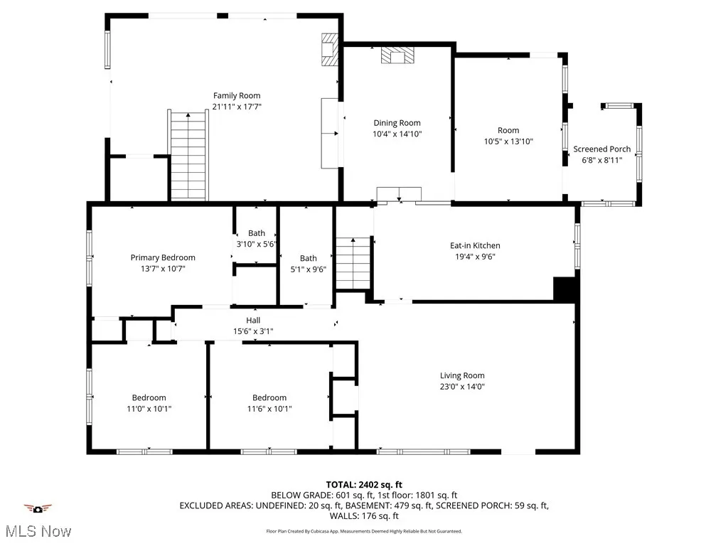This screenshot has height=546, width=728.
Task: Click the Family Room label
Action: click(x=237, y=95)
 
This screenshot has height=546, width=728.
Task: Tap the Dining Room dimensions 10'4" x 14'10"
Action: click(x=397, y=134)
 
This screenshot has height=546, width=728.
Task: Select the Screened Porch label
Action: click(x=601, y=149)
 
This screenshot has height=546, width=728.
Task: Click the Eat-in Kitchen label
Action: click(x=475, y=246)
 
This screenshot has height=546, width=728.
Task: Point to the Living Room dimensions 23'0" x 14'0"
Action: click(x=462, y=387)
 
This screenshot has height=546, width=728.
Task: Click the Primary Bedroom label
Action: click(x=162, y=257)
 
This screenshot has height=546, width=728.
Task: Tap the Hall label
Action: click(x=253, y=320)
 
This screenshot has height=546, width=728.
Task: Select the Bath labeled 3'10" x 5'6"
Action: click(x=256, y=233)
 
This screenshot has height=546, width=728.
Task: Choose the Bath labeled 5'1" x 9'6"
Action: click(x=308, y=258)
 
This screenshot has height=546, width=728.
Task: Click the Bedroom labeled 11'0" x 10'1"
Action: click(x=149, y=397)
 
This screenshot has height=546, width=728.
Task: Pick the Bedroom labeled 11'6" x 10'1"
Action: click(x=269, y=397)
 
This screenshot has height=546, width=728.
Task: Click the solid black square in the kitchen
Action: click(x=564, y=289)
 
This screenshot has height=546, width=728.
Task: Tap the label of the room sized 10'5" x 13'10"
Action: click(x=508, y=130)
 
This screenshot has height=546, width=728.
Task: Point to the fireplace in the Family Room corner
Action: click(x=329, y=50)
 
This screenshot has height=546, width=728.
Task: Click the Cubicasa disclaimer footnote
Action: click(x=363, y=531)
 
